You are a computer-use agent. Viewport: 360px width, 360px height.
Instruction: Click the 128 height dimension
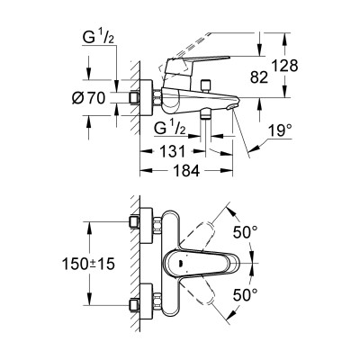pos(284,66)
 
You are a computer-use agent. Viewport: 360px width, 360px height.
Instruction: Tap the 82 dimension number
pos(259,77)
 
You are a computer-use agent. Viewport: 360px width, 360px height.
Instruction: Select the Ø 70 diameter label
pos(88,98)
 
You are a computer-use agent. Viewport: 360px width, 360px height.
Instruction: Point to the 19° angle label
pos(280,130)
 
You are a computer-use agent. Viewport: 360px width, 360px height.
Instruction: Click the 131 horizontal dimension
pos(172,151)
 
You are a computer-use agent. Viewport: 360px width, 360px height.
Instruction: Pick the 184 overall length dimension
pos(186,171)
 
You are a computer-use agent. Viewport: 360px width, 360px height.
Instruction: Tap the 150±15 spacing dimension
pos(88,264)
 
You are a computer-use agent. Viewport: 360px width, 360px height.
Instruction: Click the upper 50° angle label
pos(246,232)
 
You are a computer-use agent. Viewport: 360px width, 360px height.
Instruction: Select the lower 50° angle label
pos(246,295)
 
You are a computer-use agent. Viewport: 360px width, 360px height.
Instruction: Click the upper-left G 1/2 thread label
pos(98,38)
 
